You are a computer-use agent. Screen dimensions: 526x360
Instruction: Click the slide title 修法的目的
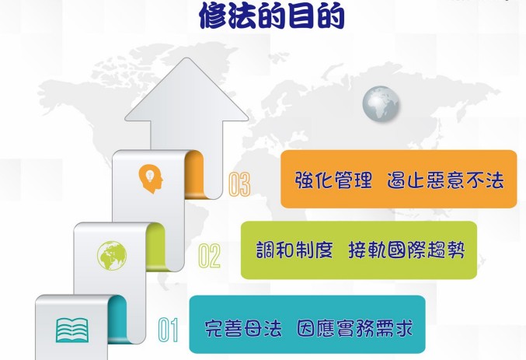(272, 15)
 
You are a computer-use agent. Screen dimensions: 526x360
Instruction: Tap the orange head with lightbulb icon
(151, 179)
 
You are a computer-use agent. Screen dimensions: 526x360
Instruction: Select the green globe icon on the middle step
(112, 256)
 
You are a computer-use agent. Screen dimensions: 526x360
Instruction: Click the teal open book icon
(72, 330)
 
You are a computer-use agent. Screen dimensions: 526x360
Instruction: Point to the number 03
(239, 184)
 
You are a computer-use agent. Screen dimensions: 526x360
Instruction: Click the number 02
(209, 256)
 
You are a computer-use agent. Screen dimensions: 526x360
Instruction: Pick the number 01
(169, 330)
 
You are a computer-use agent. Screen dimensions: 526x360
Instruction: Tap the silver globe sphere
(381, 103)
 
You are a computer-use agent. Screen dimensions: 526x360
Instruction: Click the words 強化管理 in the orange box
(334, 180)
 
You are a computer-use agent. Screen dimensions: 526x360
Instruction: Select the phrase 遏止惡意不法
(445, 180)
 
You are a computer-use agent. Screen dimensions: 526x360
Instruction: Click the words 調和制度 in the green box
(294, 250)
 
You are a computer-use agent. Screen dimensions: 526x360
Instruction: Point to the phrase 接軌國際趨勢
(406, 250)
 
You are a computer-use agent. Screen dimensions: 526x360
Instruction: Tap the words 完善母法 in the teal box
(243, 328)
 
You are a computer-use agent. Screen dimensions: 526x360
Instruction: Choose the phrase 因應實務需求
(355, 328)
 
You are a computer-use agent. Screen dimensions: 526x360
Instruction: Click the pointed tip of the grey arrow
(186, 58)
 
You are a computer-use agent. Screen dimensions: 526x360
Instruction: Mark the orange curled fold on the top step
(194, 175)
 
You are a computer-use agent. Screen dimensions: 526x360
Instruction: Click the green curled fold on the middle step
(155, 246)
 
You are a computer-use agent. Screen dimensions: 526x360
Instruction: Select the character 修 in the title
(214, 16)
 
